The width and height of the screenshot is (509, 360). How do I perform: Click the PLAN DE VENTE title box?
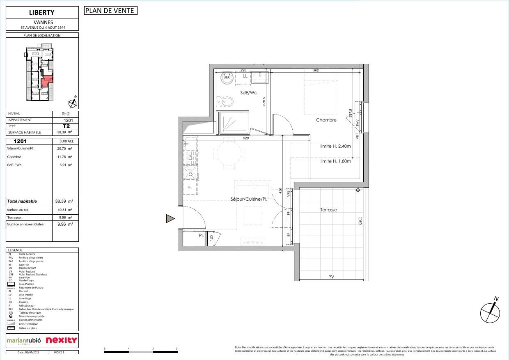[110, 11]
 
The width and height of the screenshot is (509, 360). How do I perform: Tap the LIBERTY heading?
[42, 12]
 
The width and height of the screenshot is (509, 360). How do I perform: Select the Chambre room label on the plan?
[326, 120]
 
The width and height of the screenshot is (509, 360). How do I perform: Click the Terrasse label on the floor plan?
[328, 210]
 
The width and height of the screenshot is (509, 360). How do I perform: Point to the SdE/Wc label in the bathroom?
[248, 93]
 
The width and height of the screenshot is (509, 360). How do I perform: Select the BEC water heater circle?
[227, 77]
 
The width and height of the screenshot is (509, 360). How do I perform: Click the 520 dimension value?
[246, 138]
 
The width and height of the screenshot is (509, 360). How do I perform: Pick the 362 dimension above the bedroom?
[316, 70]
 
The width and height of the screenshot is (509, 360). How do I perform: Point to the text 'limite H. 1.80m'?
[335, 161]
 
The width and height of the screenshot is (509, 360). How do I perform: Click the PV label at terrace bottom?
[331, 277]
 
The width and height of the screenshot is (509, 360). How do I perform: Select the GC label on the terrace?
[360, 220]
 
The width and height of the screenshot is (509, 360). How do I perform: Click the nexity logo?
[61, 340]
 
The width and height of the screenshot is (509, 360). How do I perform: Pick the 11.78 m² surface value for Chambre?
[64, 157]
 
